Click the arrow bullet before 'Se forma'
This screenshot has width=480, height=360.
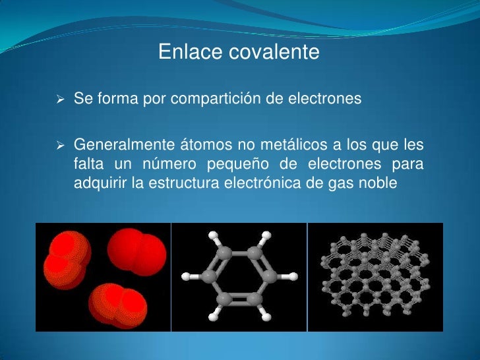click(x=60, y=100)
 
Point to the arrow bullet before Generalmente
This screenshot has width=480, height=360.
click(x=60, y=144)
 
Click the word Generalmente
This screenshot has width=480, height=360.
click(x=124, y=144)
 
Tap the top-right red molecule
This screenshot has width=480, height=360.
click(x=136, y=251)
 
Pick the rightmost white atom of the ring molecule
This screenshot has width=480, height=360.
click(x=286, y=276)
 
